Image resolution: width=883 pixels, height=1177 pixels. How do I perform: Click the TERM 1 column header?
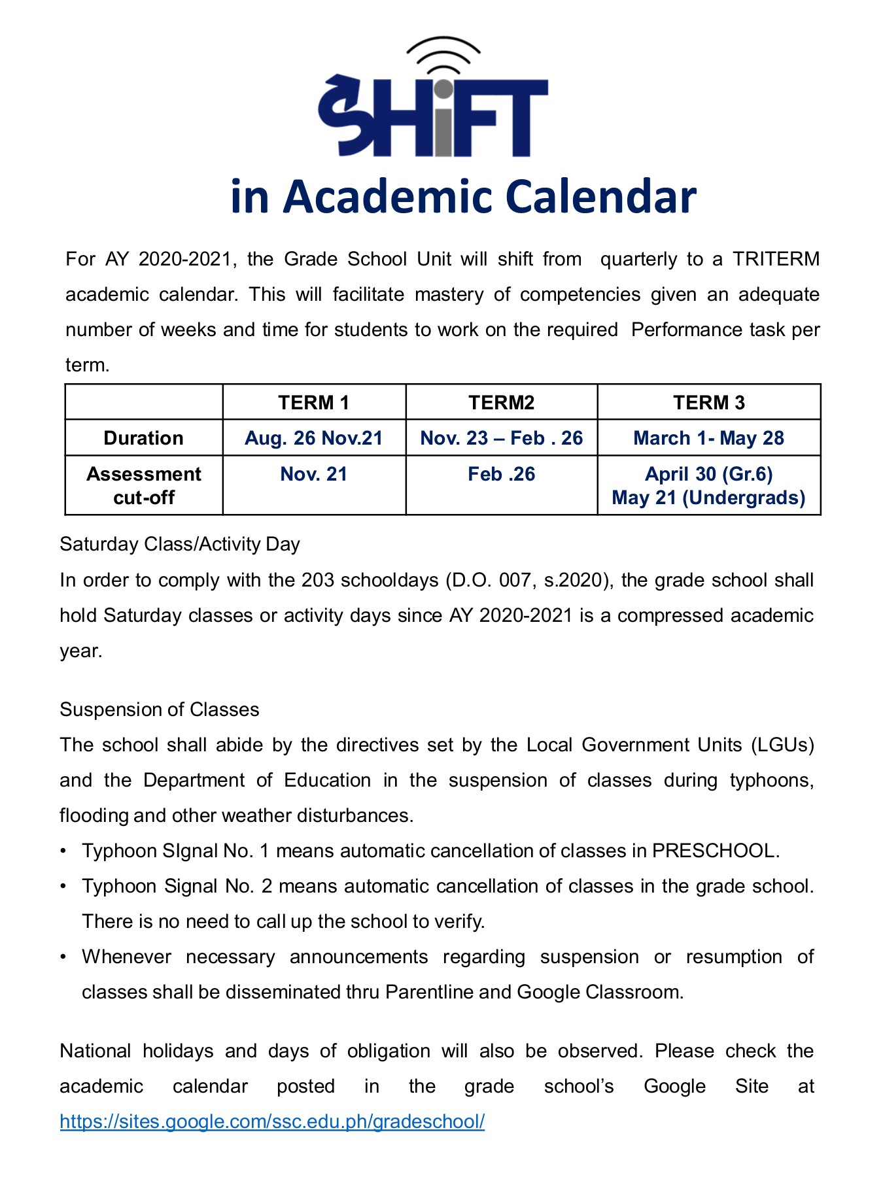point(313,403)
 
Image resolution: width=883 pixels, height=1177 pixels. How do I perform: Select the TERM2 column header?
point(501,403)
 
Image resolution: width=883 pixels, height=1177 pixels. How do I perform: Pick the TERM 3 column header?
point(708,403)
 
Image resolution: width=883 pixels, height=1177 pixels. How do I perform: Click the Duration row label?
point(143,438)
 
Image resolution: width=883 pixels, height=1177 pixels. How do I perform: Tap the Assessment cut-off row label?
point(143,485)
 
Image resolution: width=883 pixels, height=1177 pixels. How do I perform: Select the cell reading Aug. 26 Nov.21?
point(313,438)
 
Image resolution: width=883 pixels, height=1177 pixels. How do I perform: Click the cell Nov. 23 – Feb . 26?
point(501,438)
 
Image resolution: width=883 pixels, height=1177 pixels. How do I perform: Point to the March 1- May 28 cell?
point(708,438)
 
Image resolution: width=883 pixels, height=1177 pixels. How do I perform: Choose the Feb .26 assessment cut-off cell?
point(501,474)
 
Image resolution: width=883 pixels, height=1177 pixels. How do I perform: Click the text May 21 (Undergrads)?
point(708,498)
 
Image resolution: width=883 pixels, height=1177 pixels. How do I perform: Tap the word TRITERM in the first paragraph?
point(775,259)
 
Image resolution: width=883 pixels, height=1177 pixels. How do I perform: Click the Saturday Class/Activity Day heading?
point(180,544)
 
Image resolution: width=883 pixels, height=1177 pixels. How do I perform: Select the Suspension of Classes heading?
point(160,709)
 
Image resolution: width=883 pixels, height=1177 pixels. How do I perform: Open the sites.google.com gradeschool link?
point(272,1121)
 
